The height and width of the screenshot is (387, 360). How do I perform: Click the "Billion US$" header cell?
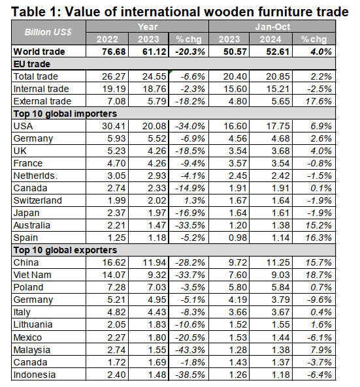(x=48, y=32)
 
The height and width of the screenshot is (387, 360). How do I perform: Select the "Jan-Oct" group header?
(x=272, y=26)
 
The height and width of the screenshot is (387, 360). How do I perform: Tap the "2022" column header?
(x=107, y=39)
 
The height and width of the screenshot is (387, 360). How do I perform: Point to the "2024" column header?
(x=270, y=39)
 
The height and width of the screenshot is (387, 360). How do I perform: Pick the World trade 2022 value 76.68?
(x=114, y=52)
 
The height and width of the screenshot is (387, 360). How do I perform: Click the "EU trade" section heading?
(x=32, y=64)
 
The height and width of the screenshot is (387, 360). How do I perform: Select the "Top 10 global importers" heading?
(x=65, y=114)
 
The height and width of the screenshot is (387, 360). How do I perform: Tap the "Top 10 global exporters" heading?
(x=65, y=250)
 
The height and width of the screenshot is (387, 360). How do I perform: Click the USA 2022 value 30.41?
(x=114, y=126)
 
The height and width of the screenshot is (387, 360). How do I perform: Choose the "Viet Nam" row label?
(x=33, y=275)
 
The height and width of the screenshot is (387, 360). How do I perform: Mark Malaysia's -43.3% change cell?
(x=190, y=350)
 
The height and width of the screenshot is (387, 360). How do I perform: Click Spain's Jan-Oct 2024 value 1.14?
(x=280, y=238)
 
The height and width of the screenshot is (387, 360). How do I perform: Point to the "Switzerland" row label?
(x=37, y=200)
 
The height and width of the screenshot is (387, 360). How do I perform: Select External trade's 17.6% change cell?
(x=319, y=101)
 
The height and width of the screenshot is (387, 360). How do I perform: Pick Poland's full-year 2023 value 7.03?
(x=157, y=287)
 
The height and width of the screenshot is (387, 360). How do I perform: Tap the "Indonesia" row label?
(x=35, y=375)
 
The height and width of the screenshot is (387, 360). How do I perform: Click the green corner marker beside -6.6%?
(x=171, y=72)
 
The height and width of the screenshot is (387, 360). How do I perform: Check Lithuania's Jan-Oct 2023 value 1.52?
(x=238, y=324)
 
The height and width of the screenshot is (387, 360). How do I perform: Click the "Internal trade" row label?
(x=41, y=89)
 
